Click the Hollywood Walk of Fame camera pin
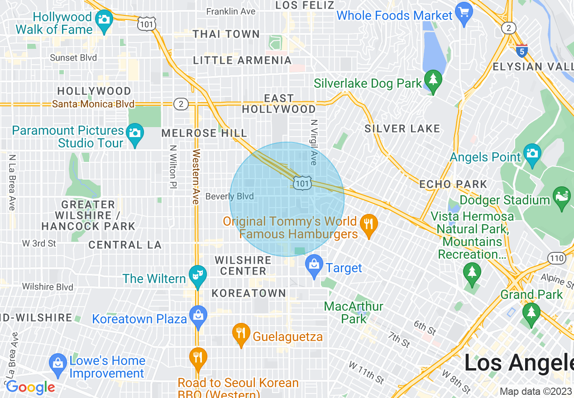coord(105,20)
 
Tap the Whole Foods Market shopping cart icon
coord(464,12)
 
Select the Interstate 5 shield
coord(522,51)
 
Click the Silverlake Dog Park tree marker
coord(433,80)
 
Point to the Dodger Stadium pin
coord(562,197)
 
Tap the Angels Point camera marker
coord(532,153)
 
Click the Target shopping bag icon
coord(314,265)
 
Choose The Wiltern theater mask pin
coord(197,275)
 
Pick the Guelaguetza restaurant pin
coord(241,333)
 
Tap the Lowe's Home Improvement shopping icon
coord(57,364)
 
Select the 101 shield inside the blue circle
coord(302,183)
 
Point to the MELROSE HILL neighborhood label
coord(204,133)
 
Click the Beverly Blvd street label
coord(229,196)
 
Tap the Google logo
coord(30,388)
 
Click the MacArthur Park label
coord(354,313)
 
